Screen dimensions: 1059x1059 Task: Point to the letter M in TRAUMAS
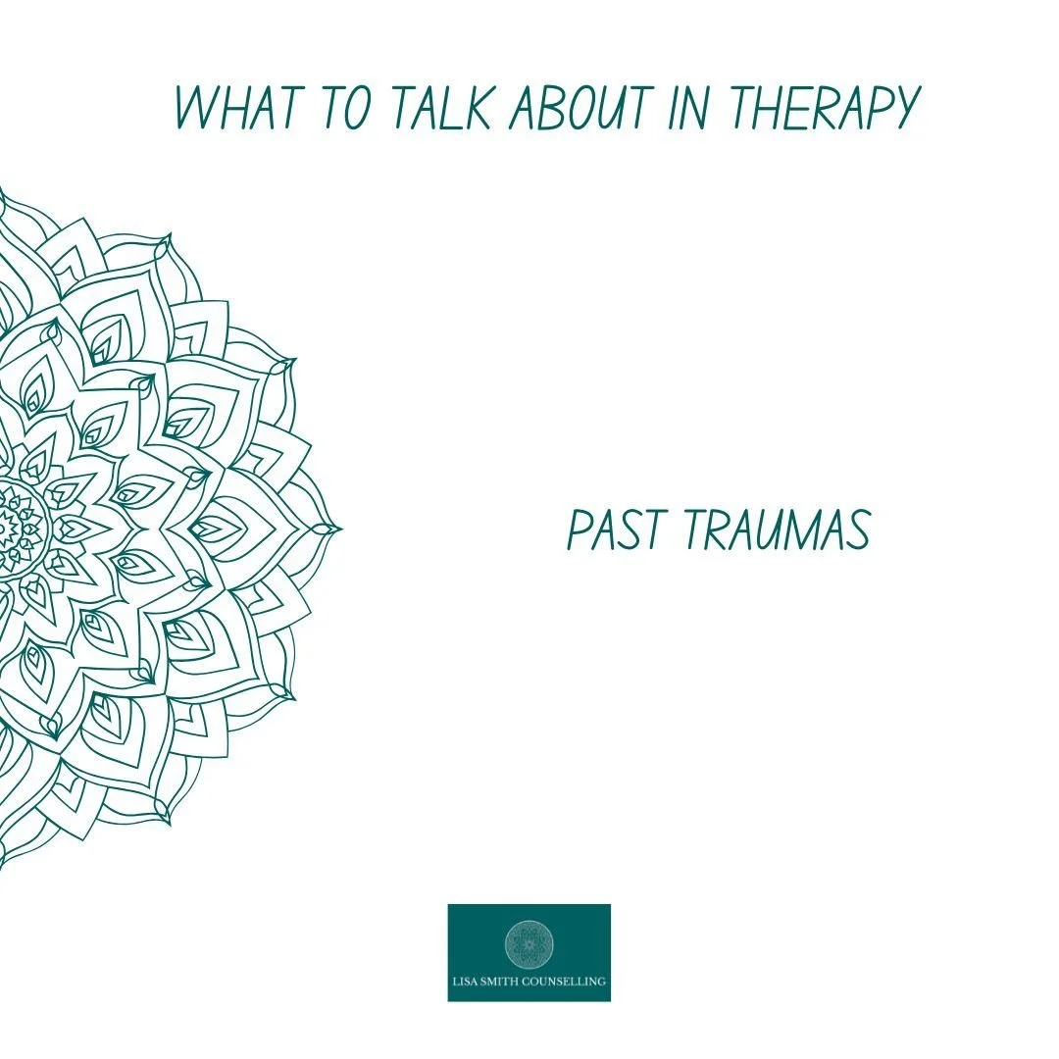coord(799,531)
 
